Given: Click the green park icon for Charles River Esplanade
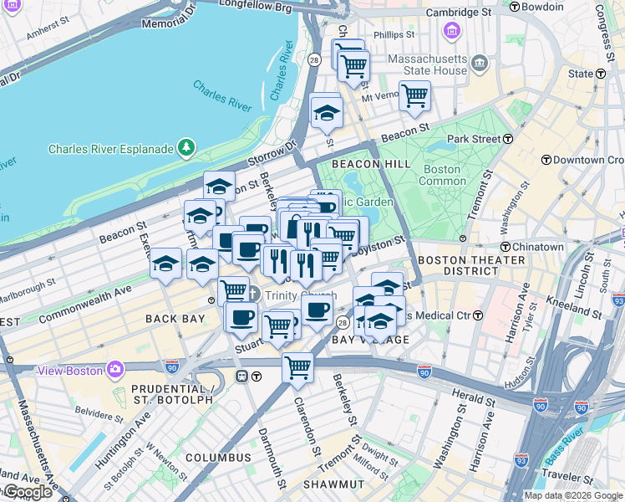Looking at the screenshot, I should click(185, 150).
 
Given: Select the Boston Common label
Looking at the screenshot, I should click(441, 175).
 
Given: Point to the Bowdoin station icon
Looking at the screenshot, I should click(514, 7).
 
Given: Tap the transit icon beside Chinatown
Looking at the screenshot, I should click(506, 247).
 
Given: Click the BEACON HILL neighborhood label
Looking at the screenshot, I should click(371, 164).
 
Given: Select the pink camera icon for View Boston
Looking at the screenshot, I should click(115, 368).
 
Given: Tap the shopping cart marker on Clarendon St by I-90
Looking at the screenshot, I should click(297, 366).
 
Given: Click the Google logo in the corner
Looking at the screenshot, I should click(28, 491).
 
